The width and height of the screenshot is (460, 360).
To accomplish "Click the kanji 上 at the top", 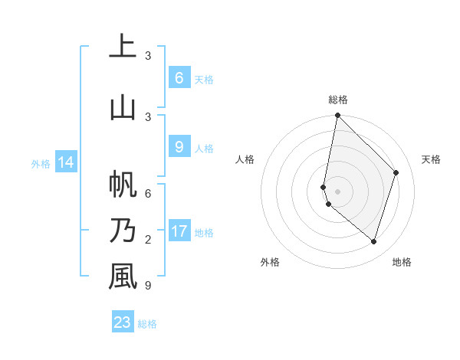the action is click(123, 47).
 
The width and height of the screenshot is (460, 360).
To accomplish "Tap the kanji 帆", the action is click(123, 185).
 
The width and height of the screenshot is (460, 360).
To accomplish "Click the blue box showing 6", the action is click(179, 78).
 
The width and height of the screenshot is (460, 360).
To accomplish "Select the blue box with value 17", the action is click(179, 231).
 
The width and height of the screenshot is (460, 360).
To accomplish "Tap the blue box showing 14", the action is click(66, 162).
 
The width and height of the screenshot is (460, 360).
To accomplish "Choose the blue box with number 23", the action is click(123, 322).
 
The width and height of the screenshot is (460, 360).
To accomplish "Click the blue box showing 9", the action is click(179, 147).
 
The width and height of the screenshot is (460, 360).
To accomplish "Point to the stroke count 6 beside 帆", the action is click(148, 194).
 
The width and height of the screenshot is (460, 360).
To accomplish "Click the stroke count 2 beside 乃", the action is click(148, 240).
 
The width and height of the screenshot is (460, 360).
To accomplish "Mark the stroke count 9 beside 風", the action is click(148, 286).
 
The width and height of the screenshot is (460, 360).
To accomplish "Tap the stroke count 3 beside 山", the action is click(148, 116).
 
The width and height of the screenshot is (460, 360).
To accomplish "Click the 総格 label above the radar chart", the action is click(337, 100).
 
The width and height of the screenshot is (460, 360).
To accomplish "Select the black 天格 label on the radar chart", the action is click(431, 159).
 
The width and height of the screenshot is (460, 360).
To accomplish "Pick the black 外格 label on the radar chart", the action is click(270, 262).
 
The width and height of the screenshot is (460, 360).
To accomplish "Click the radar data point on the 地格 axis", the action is click(374, 241).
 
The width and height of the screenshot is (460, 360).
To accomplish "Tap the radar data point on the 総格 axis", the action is click(337, 116).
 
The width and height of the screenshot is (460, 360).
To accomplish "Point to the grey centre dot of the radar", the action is click(337, 191).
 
